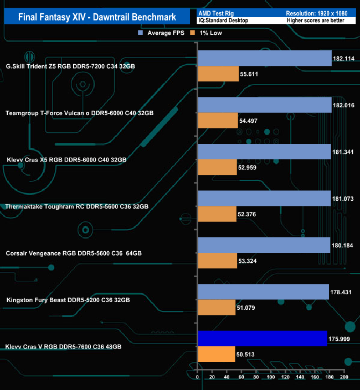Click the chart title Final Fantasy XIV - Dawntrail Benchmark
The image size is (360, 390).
point(97,17)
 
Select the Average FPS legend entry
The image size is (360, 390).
point(161,33)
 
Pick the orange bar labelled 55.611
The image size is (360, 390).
point(218,74)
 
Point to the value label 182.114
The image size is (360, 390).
point(344,58)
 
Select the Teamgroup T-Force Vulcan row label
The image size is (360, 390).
point(79,113)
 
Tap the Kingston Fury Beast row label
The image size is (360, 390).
point(68,300)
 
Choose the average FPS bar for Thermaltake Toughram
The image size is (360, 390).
point(264,198)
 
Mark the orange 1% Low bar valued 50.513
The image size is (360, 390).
point(216,354)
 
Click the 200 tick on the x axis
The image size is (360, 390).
point(343,377)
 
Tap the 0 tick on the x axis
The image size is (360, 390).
point(198,377)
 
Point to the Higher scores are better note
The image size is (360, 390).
point(315,20)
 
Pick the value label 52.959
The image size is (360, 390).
point(251,167)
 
